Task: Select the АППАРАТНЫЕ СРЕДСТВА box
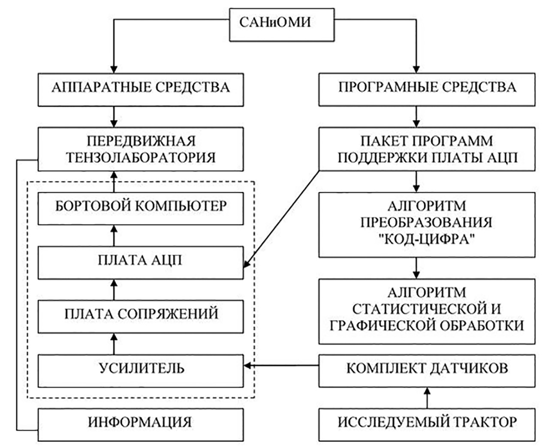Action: click(x=140, y=88)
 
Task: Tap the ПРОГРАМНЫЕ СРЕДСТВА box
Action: click(x=427, y=88)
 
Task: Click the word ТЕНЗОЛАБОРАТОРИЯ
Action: click(x=140, y=157)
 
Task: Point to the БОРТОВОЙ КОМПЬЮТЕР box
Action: click(x=140, y=206)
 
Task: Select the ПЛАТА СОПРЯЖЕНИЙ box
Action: click(x=140, y=314)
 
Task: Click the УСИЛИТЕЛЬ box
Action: click(x=140, y=368)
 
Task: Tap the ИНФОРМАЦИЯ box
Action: click(x=140, y=423)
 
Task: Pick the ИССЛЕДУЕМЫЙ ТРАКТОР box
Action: click(x=427, y=423)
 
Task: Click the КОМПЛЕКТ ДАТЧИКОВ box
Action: click(x=427, y=368)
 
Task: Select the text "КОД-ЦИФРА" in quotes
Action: click(x=427, y=239)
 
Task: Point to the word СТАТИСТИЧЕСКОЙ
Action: click(x=427, y=309)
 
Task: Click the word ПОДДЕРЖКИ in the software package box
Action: click(x=380, y=157)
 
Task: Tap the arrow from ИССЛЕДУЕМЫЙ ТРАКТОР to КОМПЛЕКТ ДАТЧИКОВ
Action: click(x=427, y=397)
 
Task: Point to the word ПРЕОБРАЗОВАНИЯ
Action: click(x=427, y=223)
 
